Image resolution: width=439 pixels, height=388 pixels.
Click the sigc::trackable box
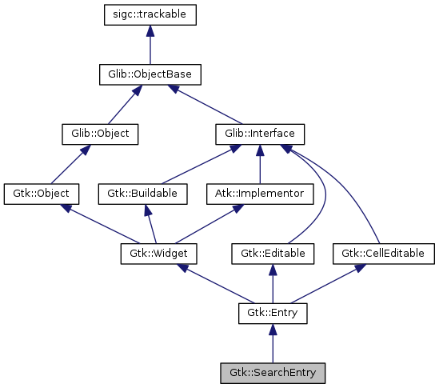150,14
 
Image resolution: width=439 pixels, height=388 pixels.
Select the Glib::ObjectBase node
150,74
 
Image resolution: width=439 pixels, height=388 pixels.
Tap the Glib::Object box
100,134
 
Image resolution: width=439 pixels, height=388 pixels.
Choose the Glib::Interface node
260,134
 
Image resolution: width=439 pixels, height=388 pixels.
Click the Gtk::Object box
42,194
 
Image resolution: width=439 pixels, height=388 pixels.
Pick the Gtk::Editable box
273,254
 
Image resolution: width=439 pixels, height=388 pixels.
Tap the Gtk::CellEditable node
383,254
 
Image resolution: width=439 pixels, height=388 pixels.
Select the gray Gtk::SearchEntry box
273,373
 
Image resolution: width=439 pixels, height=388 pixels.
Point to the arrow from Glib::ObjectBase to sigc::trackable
150,45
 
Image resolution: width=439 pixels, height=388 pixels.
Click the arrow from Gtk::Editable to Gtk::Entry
273,284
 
